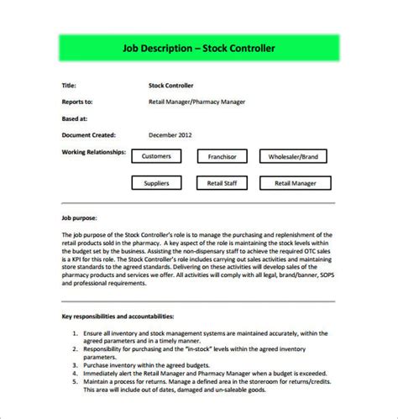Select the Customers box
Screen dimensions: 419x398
[156, 156]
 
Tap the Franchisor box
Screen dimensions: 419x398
[221, 156]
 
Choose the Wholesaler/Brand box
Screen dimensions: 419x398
[292, 156]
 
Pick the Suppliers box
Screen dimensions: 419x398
[156, 182]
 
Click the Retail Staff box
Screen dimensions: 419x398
[221, 182]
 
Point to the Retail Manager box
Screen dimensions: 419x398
[292, 182]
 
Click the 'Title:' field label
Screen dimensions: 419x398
[70, 86]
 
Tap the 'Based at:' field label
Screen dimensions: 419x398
[75, 118]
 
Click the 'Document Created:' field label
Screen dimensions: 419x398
[89, 134]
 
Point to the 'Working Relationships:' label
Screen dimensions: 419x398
[94, 152]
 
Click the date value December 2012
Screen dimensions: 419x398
[171, 134]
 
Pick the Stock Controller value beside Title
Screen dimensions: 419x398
[171, 86]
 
